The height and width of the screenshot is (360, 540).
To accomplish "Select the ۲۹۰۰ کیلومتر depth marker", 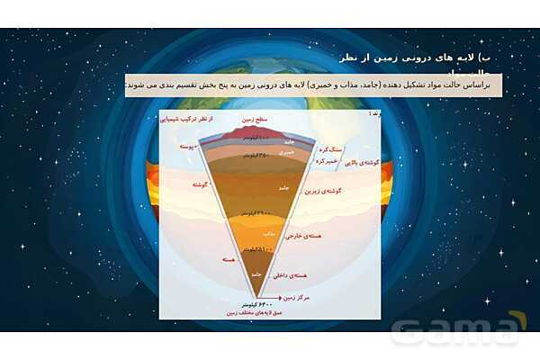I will (x=259, y=212).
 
